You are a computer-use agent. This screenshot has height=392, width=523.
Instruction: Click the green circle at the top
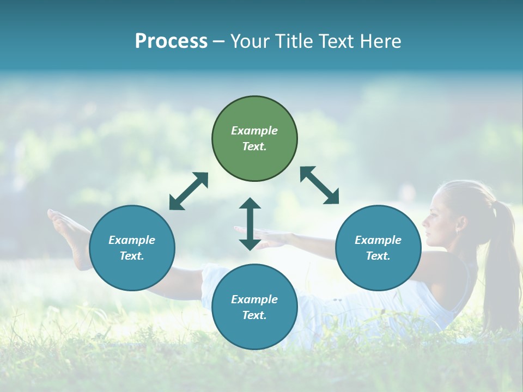tap(254, 139)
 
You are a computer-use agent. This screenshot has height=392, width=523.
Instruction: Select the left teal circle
tap(132, 248)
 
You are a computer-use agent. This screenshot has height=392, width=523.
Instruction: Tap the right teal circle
tap(378, 248)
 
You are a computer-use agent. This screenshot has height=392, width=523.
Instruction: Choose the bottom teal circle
tap(254, 307)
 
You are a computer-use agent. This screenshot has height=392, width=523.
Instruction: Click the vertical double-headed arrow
tap(250, 224)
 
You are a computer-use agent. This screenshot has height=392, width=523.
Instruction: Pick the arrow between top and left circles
tap(189, 191)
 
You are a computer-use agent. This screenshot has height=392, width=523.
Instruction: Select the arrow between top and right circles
tap(319, 186)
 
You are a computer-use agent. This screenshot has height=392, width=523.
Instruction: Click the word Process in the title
tap(171, 41)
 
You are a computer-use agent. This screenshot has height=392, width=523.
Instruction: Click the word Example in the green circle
tap(254, 131)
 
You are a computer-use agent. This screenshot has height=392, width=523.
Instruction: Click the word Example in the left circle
tap(132, 240)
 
